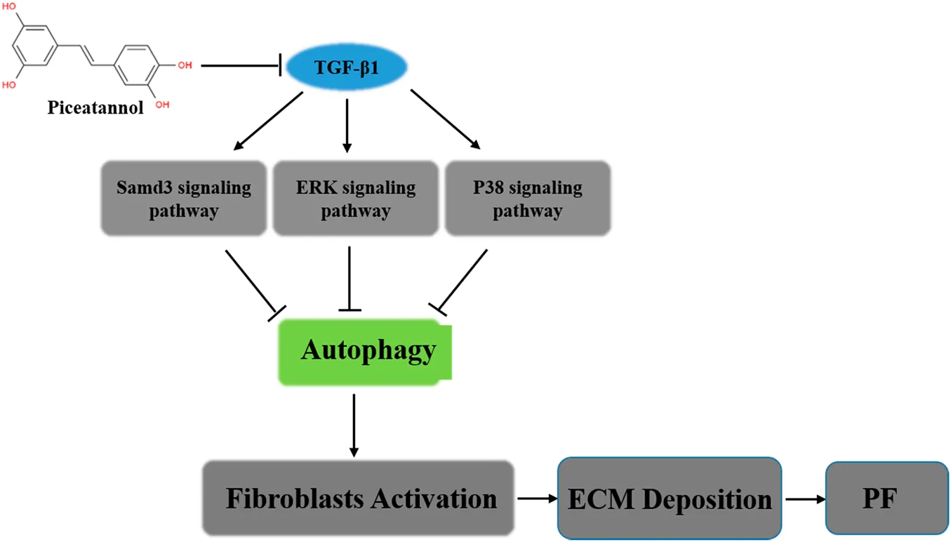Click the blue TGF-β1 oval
click(347, 67)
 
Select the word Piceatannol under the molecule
click(95, 108)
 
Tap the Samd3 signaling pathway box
click(184, 199)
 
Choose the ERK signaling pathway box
click(356, 199)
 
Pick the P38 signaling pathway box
click(527, 199)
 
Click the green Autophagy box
click(365, 351)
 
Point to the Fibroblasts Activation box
click(358, 498)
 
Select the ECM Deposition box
click(670, 499)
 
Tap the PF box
click(887, 499)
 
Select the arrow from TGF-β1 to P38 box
click(445, 119)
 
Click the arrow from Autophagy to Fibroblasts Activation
click(354, 425)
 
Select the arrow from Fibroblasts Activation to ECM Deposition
click(538, 499)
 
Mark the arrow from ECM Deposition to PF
click(805, 499)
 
